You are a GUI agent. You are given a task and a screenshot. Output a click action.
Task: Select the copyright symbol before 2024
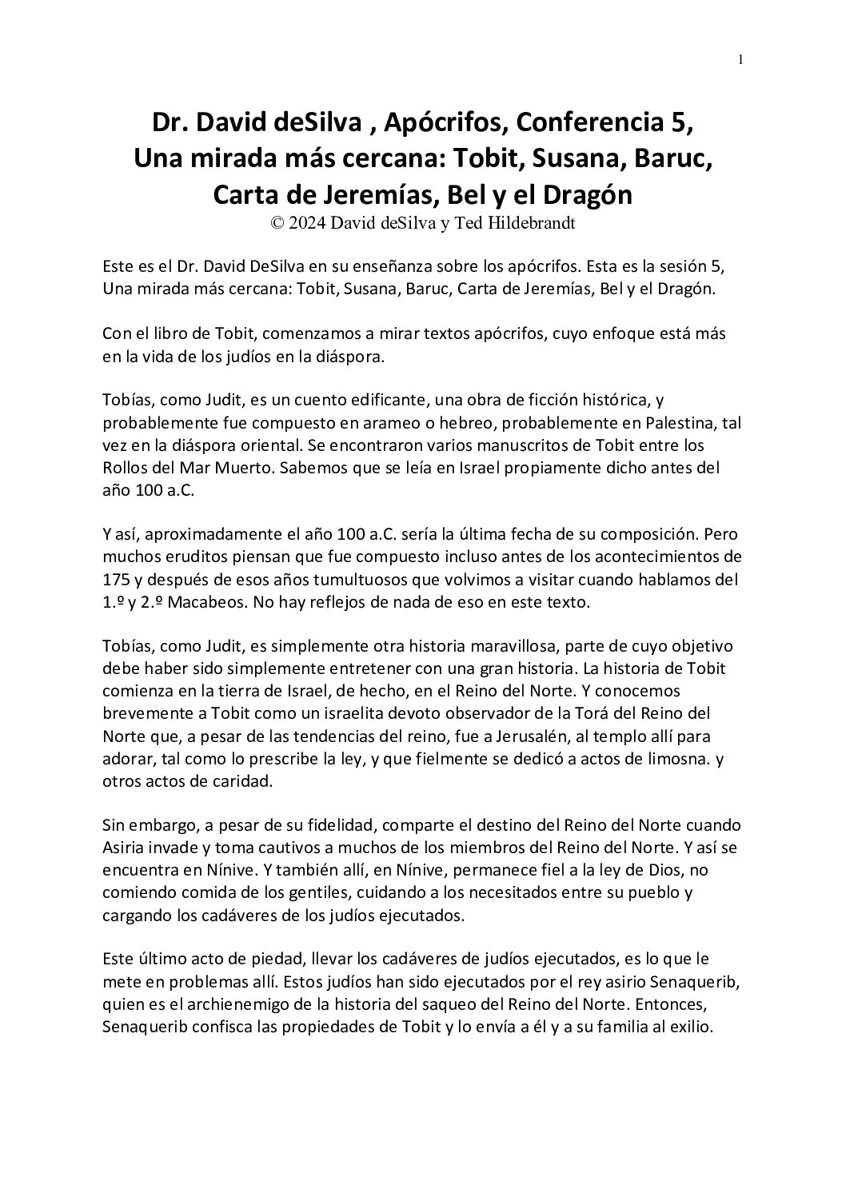click(277, 225)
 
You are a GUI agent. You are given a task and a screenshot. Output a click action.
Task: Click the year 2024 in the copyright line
click(306, 225)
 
